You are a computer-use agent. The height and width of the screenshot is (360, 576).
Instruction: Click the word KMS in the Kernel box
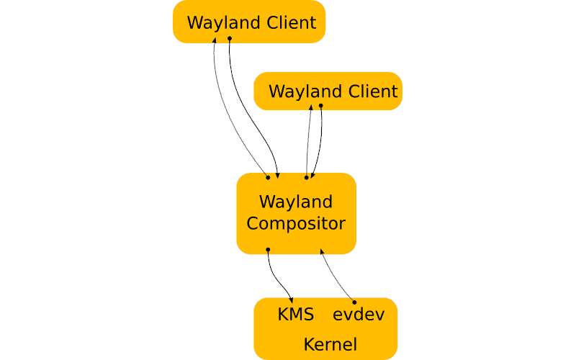click(295, 315)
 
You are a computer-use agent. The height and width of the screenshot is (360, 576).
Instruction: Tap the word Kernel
click(330, 345)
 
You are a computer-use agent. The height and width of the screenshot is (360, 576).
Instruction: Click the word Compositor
click(296, 223)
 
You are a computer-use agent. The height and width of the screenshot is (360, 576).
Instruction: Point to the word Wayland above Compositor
click(296, 201)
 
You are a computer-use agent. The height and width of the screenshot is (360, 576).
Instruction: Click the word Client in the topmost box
click(289, 22)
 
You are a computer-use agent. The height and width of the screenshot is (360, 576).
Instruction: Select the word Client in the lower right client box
click(371, 92)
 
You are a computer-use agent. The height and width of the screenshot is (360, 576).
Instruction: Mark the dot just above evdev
click(354, 302)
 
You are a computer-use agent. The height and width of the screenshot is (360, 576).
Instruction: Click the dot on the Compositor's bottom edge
click(268, 250)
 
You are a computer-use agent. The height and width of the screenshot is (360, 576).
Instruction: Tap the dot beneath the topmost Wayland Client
click(229, 38)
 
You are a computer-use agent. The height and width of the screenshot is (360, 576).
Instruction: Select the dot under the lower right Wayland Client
click(321, 106)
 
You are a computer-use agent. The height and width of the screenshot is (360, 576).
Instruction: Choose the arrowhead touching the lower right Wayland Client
click(311, 108)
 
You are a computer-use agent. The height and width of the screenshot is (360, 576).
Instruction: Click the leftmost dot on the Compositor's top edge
click(268, 176)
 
